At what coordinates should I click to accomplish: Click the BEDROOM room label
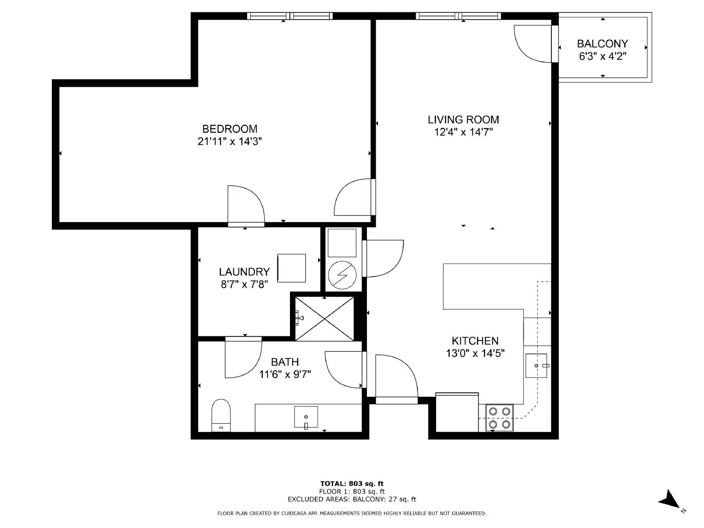230,129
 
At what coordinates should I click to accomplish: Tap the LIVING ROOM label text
463,120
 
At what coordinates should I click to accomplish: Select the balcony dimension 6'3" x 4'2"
602,56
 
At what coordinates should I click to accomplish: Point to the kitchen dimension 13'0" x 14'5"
475,353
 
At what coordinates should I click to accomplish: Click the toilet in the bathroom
221,415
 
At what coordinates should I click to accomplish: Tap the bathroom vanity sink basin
306,417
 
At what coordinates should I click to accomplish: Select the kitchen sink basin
536,366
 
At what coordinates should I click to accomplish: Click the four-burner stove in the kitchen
499,418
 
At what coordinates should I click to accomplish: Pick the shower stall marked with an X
324,319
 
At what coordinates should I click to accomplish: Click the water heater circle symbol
342,275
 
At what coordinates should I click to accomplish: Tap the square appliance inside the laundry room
291,268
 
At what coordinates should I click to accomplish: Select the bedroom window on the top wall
290,16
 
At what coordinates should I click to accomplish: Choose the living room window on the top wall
458,16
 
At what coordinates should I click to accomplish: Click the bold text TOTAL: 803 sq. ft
352,484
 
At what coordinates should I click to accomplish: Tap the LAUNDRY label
244,272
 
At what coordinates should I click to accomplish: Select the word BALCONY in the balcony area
602,44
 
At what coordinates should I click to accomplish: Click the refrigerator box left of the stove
457,412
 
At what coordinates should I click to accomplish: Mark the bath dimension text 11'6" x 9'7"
285,374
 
